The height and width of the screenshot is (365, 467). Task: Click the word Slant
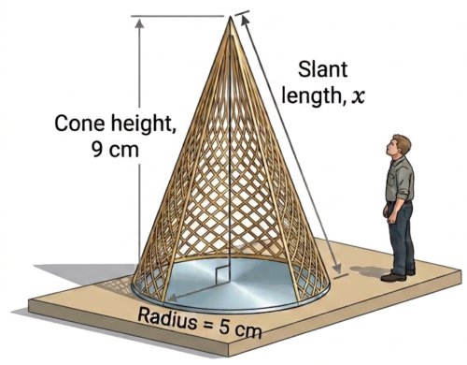(x=322, y=69)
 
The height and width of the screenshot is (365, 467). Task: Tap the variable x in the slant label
(x=358, y=97)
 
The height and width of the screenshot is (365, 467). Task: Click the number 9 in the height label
(x=97, y=150)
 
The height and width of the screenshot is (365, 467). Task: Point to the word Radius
(x=167, y=317)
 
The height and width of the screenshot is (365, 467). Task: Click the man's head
(x=398, y=147)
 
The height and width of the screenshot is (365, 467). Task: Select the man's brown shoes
(x=397, y=275)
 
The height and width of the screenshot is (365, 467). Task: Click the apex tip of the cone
(x=231, y=17)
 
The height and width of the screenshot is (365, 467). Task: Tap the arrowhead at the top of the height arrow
(x=139, y=23)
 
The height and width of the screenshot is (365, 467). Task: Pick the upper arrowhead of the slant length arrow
(x=246, y=21)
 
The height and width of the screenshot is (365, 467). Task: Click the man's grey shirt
(x=400, y=181)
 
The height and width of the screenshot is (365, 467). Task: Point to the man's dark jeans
(x=401, y=237)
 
